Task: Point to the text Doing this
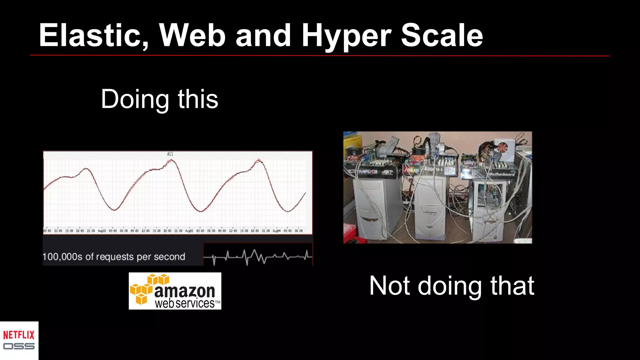[159, 99]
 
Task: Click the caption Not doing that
[452, 286]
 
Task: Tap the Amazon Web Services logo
[175, 291]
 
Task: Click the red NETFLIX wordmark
[19, 335]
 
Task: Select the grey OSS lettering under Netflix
[19, 346]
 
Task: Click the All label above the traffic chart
[170, 154]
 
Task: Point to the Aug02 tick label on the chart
[102, 231]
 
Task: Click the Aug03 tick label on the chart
[189, 231]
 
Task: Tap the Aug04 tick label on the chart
[277, 231]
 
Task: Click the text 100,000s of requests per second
[114, 257]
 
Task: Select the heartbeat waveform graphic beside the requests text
[257, 256]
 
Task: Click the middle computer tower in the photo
[430, 208]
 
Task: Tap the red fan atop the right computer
[503, 147]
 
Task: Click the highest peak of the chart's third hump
[259, 160]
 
